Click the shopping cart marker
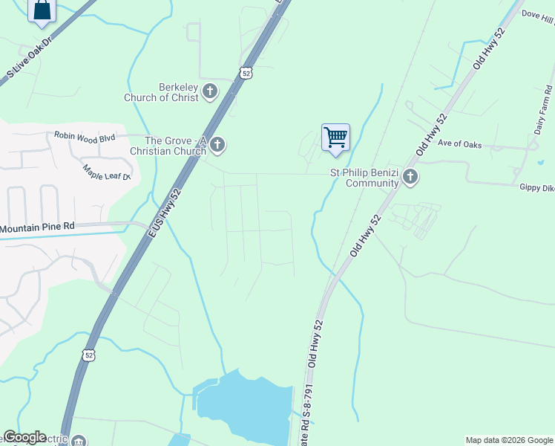click(335, 138)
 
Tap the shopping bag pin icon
click(42, 10)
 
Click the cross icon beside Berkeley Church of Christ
click(210, 91)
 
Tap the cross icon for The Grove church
click(217, 145)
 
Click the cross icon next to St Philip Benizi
click(410, 178)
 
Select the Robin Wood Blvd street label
click(85, 136)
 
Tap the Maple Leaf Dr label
click(106, 172)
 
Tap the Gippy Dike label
click(536, 189)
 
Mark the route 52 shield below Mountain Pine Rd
click(89, 355)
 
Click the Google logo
click(24, 437)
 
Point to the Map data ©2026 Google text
click(508, 440)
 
